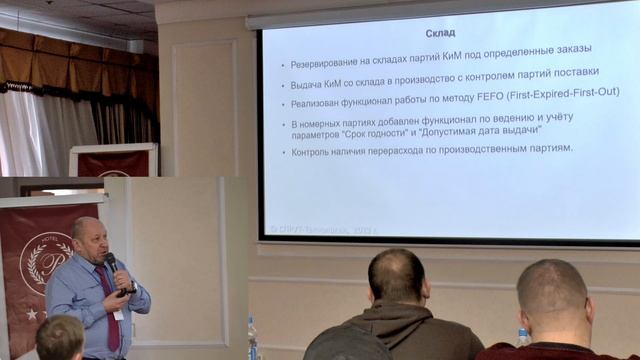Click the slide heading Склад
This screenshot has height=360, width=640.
(440, 33)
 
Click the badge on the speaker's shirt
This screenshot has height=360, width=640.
(119, 313)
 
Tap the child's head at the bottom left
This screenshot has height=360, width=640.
(60, 338)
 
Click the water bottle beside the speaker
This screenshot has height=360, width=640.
(253, 338)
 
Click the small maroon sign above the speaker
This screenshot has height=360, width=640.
(113, 163)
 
